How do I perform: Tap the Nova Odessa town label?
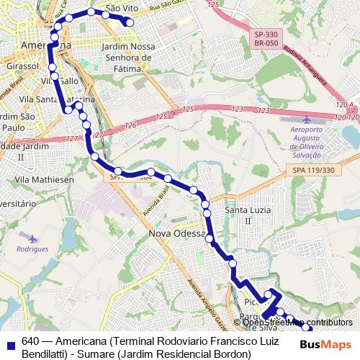[x=177, y=234]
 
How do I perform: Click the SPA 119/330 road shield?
[x=314, y=170]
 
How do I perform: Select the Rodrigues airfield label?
[x=33, y=248]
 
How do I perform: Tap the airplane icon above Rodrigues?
[x=32, y=237]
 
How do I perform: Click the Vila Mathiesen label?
[x=45, y=179]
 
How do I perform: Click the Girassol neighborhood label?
[x=22, y=65]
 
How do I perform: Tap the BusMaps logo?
[x=326, y=344]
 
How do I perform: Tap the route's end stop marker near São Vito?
[x=130, y=22]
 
